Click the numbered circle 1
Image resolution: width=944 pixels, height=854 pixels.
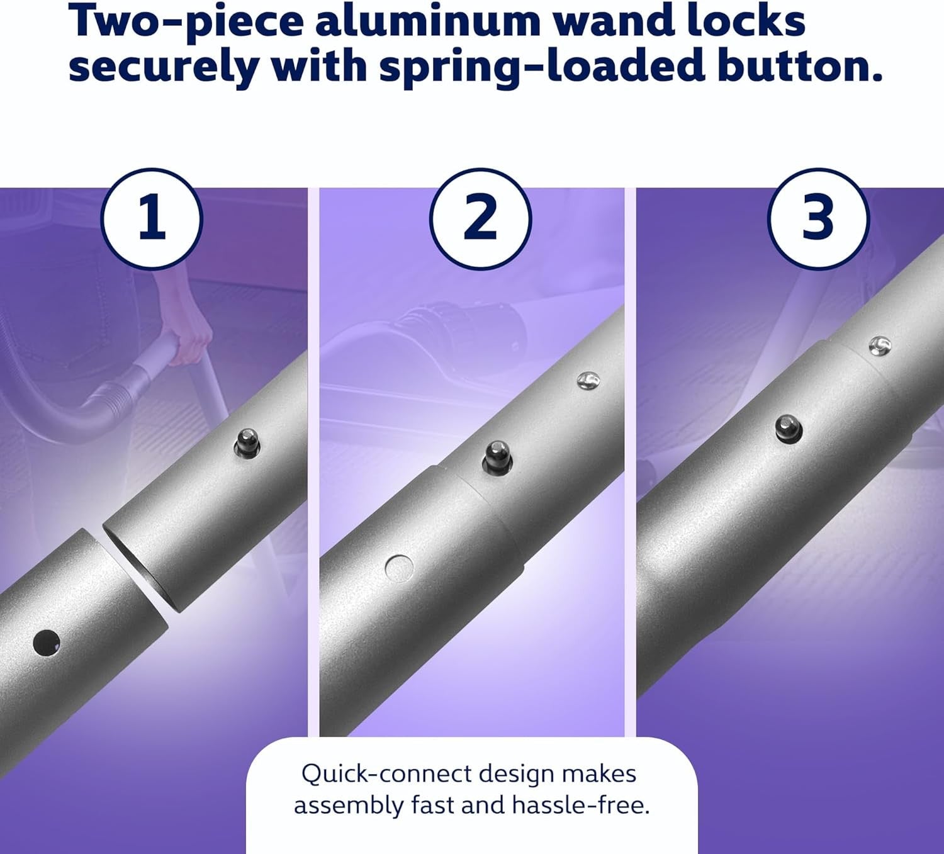pyautogui.click(x=152, y=219)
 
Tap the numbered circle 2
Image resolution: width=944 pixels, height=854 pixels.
pyautogui.click(x=480, y=219)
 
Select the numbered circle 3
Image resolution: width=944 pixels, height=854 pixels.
pyautogui.click(x=818, y=219)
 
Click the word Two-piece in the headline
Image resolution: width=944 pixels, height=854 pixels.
pyautogui.click(x=186, y=23)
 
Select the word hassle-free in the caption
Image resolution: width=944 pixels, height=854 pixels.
pyautogui.click(x=581, y=806)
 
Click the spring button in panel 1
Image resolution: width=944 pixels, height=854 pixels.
pyautogui.click(x=247, y=444)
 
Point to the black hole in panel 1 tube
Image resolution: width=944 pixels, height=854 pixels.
pyautogui.click(x=47, y=642)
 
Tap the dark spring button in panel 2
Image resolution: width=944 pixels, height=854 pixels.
pyautogui.click(x=497, y=458)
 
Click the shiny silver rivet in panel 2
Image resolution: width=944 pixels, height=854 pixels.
pyautogui.click(x=588, y=379)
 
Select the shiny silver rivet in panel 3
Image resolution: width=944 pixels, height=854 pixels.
pyautogui.click(x=880, y=345)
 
